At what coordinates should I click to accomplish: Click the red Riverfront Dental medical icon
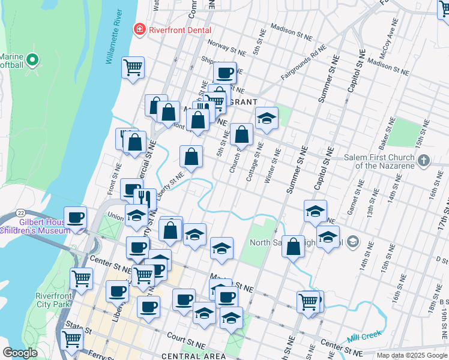coord(140,29)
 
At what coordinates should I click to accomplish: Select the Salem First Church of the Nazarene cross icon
coord(424,160)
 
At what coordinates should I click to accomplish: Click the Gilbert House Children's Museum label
coord(35,226)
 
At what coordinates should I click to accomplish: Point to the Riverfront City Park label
coord(53,300)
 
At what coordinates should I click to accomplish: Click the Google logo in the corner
coord(20,353)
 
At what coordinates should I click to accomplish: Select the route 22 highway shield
coord(20,213)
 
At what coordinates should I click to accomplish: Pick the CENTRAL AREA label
coord(194,356)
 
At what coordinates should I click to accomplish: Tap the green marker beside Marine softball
coord(32,60)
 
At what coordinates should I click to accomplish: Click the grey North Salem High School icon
coord(353,242)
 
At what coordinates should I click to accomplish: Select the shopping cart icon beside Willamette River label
coord(133,67)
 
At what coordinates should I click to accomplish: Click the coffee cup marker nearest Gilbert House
coord(75,218)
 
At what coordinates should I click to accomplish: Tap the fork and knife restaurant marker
coord(145,199)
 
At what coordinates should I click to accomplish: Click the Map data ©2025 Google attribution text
coord(412,355)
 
